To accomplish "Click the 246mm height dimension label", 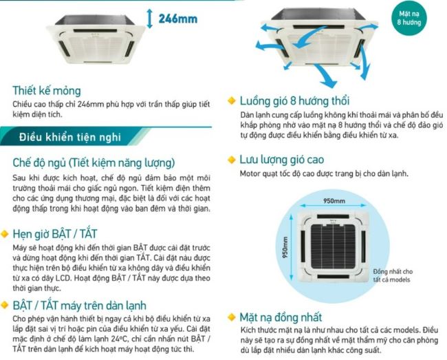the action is pyautogui.click(x=178, y=19).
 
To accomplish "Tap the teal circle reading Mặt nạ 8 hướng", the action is pyautogui.click(x=408, y=18).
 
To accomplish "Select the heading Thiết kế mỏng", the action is pyautogui.click(x=47, y=91).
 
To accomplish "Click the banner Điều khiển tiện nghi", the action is pyautogui.click(x=70, y=137).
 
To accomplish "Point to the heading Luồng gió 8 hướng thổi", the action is pyautogui.click(x=294, y=101).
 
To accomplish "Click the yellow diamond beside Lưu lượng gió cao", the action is pyautogui.click(x=232, y=160).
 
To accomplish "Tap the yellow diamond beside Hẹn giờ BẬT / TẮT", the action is pyautogui.click(x=5, y=234).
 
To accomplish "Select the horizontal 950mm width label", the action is pyautogui.click(x=334, y=201).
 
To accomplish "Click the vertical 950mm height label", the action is pyautogui.click(x=285, y=248).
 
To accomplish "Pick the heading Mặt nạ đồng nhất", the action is pyautogui.click(x=281, y=317).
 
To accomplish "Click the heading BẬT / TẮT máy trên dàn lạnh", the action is pyautogui.click(x=80, y=305).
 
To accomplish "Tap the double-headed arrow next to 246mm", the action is pyautogui.click(x=150, y=19).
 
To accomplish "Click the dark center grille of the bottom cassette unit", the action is pyautogui.click(x=333, y=246).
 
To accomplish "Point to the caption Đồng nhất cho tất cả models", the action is pyautogui.click(x=393, y=275).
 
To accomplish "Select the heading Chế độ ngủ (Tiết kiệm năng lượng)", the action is pyautogui.click(x=94, y=163).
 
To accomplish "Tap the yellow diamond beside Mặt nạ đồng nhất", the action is pyautogui.click(x=232, y=317).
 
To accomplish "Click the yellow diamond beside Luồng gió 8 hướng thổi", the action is pyautogui.click(x=232, y=100).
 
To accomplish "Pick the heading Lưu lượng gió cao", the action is pyautogui.click(x=282, y=160).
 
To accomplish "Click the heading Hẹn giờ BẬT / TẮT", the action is pyautogui.click(x=55, y=234).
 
